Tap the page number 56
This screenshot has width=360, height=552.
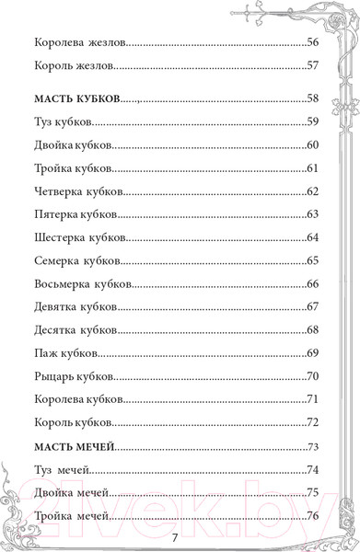click(311, 43)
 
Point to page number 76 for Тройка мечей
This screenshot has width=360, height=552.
click(311, 516)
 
